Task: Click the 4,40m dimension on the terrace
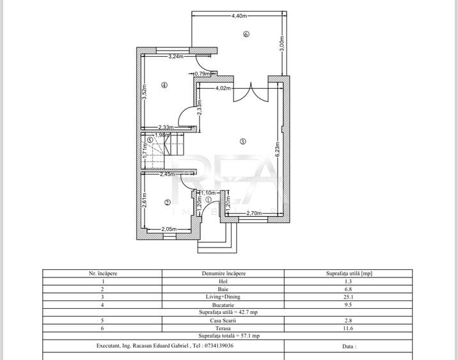241,15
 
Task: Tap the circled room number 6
246,35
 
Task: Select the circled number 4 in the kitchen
164,85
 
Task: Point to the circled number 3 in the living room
243,141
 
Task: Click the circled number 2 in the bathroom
168,202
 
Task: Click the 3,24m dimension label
176,57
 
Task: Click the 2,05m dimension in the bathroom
169,229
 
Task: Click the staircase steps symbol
162,153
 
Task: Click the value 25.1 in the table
347,297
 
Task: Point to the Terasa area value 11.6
347,327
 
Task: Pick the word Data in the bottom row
349,345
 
